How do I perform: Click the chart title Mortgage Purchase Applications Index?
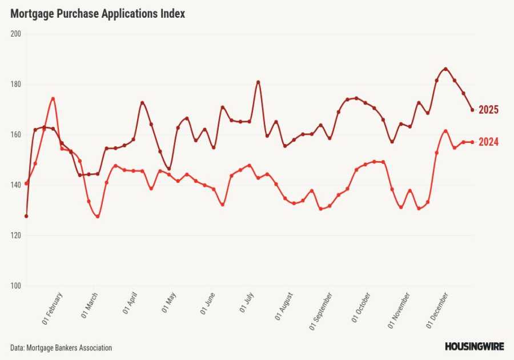(98, 14)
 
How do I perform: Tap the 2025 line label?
(488, 110)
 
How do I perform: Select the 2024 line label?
(488, 142)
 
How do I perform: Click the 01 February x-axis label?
(53, 309)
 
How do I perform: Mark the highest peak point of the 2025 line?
(445, 69)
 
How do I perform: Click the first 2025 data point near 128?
(26, 216)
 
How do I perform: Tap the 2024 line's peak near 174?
(53, 98)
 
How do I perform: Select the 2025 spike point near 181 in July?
(258, 82)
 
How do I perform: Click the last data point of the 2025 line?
(472, 110)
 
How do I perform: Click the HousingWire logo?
(473, 346)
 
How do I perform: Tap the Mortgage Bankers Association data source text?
(61, 347)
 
